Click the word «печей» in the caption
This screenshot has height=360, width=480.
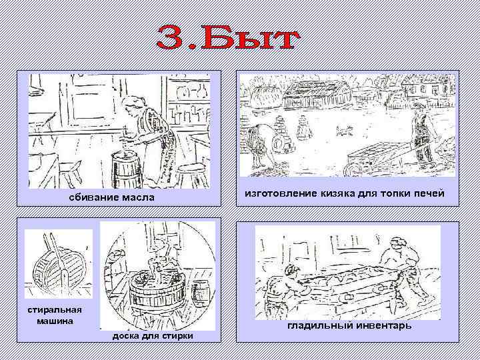click(427, 194)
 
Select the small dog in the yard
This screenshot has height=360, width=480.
click(344, 132)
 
